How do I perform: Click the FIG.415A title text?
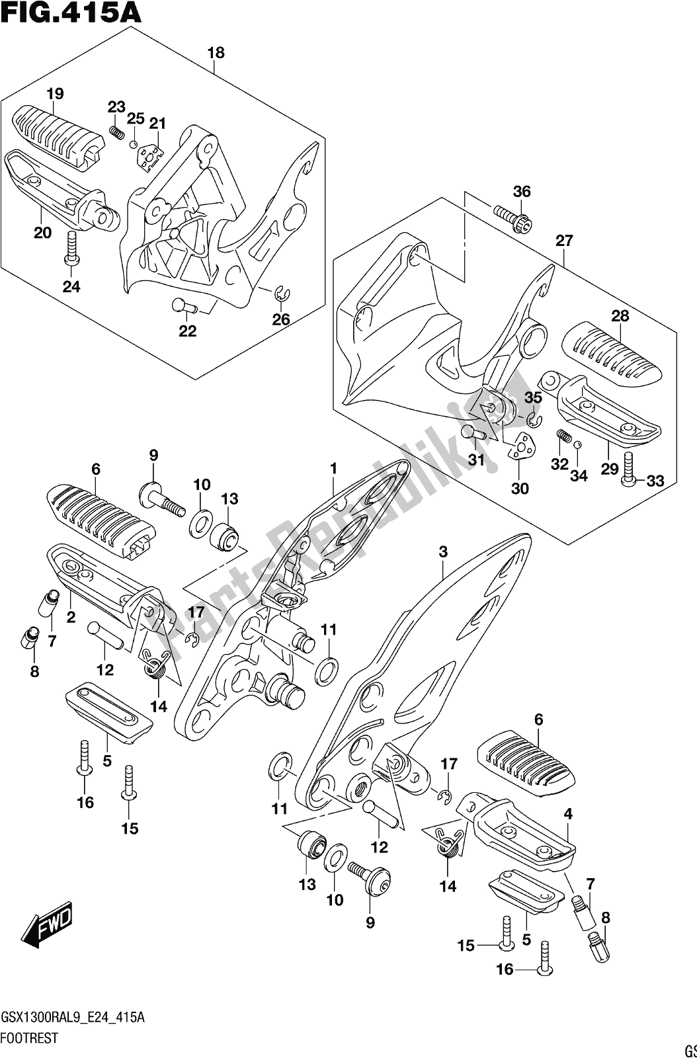coord(71,13)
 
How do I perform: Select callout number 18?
coord(216,53)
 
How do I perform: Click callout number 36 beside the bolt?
coord(522,192)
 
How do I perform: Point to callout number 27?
coord(564,241)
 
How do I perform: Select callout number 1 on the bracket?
coord(334,469)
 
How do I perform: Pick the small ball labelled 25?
coord(134,144)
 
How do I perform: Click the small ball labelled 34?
coord(577,445)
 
